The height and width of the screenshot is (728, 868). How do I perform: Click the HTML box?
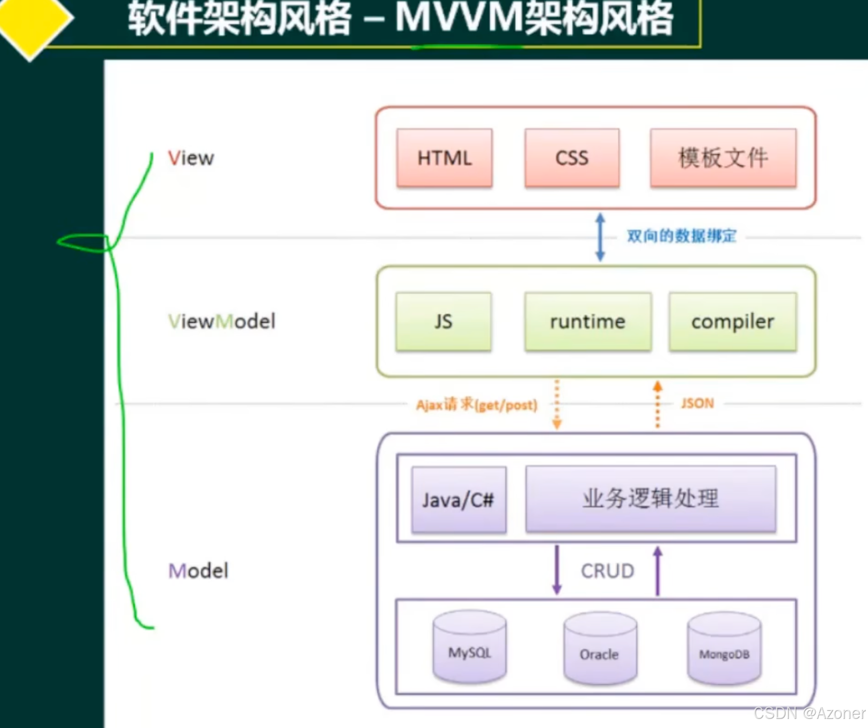[x=444, y=158]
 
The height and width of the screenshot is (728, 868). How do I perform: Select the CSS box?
[x=572, y=158]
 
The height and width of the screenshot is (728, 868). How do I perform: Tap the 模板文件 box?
[x=723, y=158]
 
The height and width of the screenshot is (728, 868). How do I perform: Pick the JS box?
[x=443, y=321]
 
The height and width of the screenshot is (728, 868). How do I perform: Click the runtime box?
[x=588, y=321]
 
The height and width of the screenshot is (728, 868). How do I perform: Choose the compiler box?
[x=733, y=321]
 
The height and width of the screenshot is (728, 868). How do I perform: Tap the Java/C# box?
[x=459, y=500]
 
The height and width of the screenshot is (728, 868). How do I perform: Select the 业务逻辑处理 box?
[x=650, y=499]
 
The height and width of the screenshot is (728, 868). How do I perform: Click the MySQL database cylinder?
[x=469, y=648]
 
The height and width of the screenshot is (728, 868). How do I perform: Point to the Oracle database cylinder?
[x=600, y=649]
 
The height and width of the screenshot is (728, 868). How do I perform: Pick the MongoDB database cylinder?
[x=724, y=649]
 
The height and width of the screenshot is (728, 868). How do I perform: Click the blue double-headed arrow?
[x=600, y=237]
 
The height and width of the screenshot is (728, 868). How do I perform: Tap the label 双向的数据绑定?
[x=681, y=236]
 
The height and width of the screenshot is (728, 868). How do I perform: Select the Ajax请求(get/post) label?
[x=477, y=405]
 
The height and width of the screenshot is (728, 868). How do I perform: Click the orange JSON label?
[x=697, y=403]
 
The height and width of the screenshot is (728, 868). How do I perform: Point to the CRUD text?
[x=608, y=571]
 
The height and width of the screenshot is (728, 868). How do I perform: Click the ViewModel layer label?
[x=222, y=321]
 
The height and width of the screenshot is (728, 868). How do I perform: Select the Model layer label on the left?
[x=198, y=571]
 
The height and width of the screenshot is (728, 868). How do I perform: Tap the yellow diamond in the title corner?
[x=32, y=21]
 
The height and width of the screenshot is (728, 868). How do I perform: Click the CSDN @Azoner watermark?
[x=809, y=713]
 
